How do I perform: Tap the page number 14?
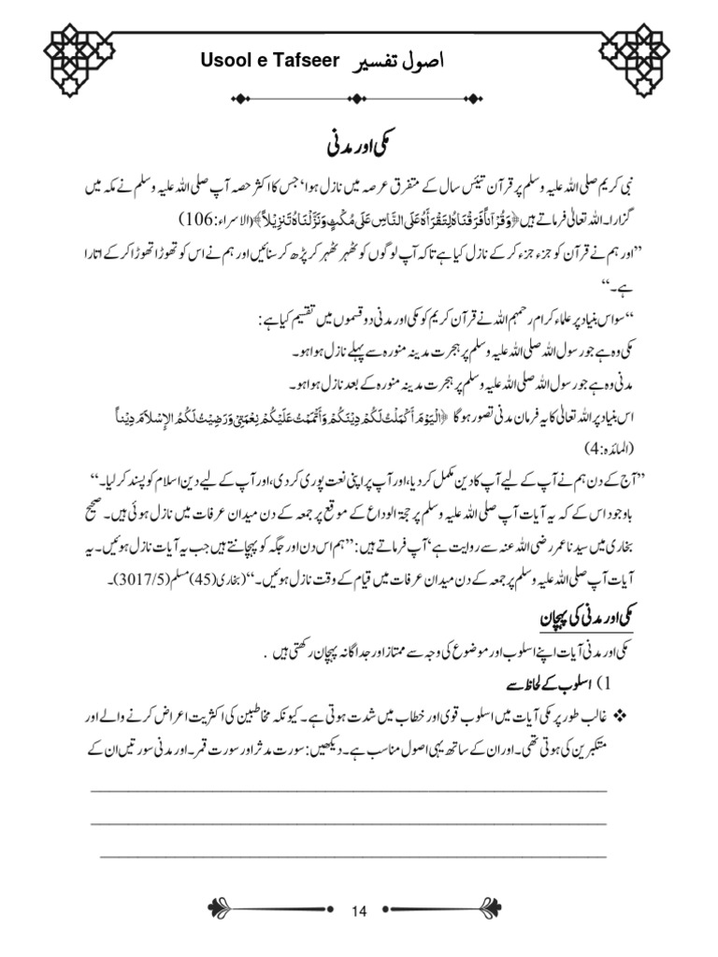360,912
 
